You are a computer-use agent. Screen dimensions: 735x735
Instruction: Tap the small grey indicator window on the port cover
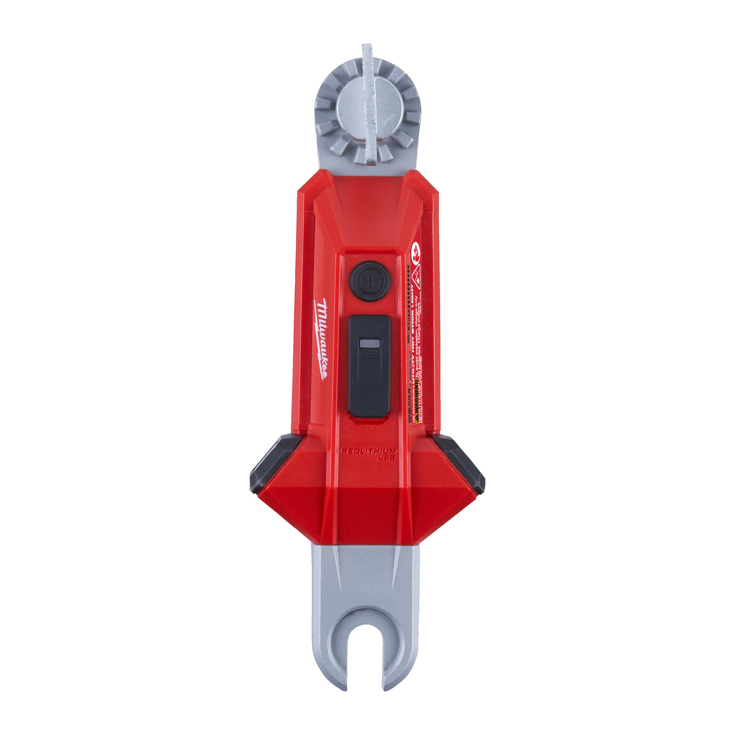(369, 344)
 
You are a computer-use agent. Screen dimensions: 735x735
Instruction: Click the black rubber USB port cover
(369, 366)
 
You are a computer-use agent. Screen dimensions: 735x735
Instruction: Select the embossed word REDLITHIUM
(368, 451)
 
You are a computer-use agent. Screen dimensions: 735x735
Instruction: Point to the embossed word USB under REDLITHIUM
(386, 458)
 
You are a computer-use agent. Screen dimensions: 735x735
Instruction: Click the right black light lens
(461, 463)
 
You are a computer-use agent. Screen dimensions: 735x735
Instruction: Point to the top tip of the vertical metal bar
(367, 46)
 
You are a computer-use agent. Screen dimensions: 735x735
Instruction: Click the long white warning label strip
(416, 339)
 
